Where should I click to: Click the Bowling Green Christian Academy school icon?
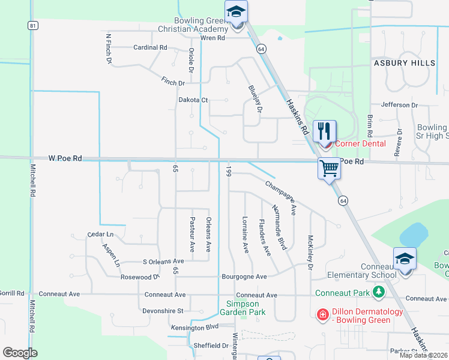tap(237, 13)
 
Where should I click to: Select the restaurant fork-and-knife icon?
tap(324, 130)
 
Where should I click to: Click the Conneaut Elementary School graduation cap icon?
tap(405, 259)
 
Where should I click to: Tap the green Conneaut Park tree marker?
tap(378, 292)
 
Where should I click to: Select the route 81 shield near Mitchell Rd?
tap(33, 25)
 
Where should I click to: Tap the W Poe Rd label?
tap(65, 158)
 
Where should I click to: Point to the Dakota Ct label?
tap(193, 100)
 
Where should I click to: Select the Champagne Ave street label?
tap(281, 199)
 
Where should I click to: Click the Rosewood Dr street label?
tap(140, 277)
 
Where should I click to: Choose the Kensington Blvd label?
tap(193, 327)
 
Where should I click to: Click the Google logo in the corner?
tap(20, 353)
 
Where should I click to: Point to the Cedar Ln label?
tap(100, 234)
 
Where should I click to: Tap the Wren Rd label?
tap(212, 38)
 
